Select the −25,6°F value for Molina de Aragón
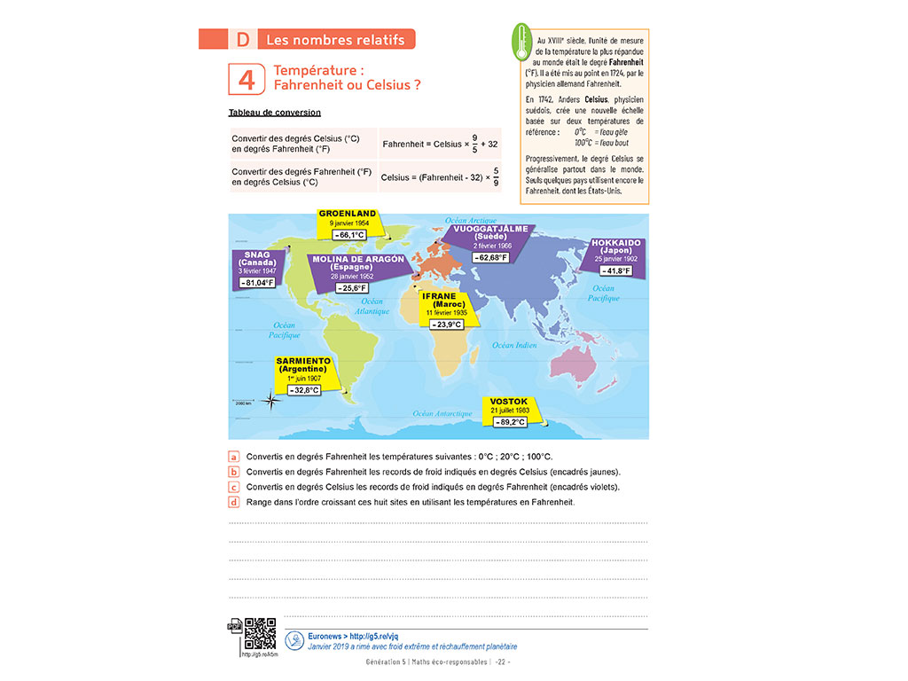351,287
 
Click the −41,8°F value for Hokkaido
614,270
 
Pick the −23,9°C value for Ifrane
446,325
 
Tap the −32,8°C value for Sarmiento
303,389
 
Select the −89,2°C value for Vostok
509,422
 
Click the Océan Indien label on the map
514,345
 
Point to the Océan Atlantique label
372,307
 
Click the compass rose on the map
271,399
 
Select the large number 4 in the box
247,79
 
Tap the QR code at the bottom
260,634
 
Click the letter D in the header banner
243,39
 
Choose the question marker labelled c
234,487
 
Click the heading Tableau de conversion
274,113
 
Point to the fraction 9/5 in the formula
475,143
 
